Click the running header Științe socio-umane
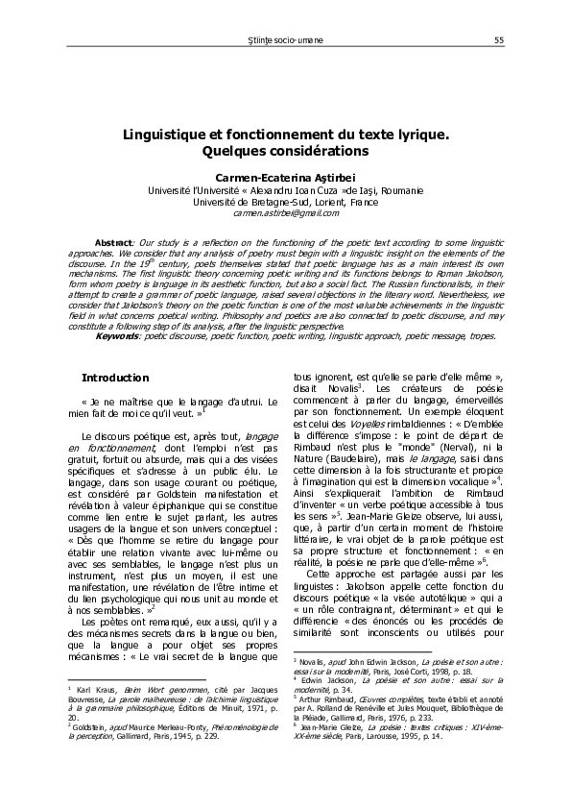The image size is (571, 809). [285, 39]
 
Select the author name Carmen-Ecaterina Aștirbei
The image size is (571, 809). [286, 178]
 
